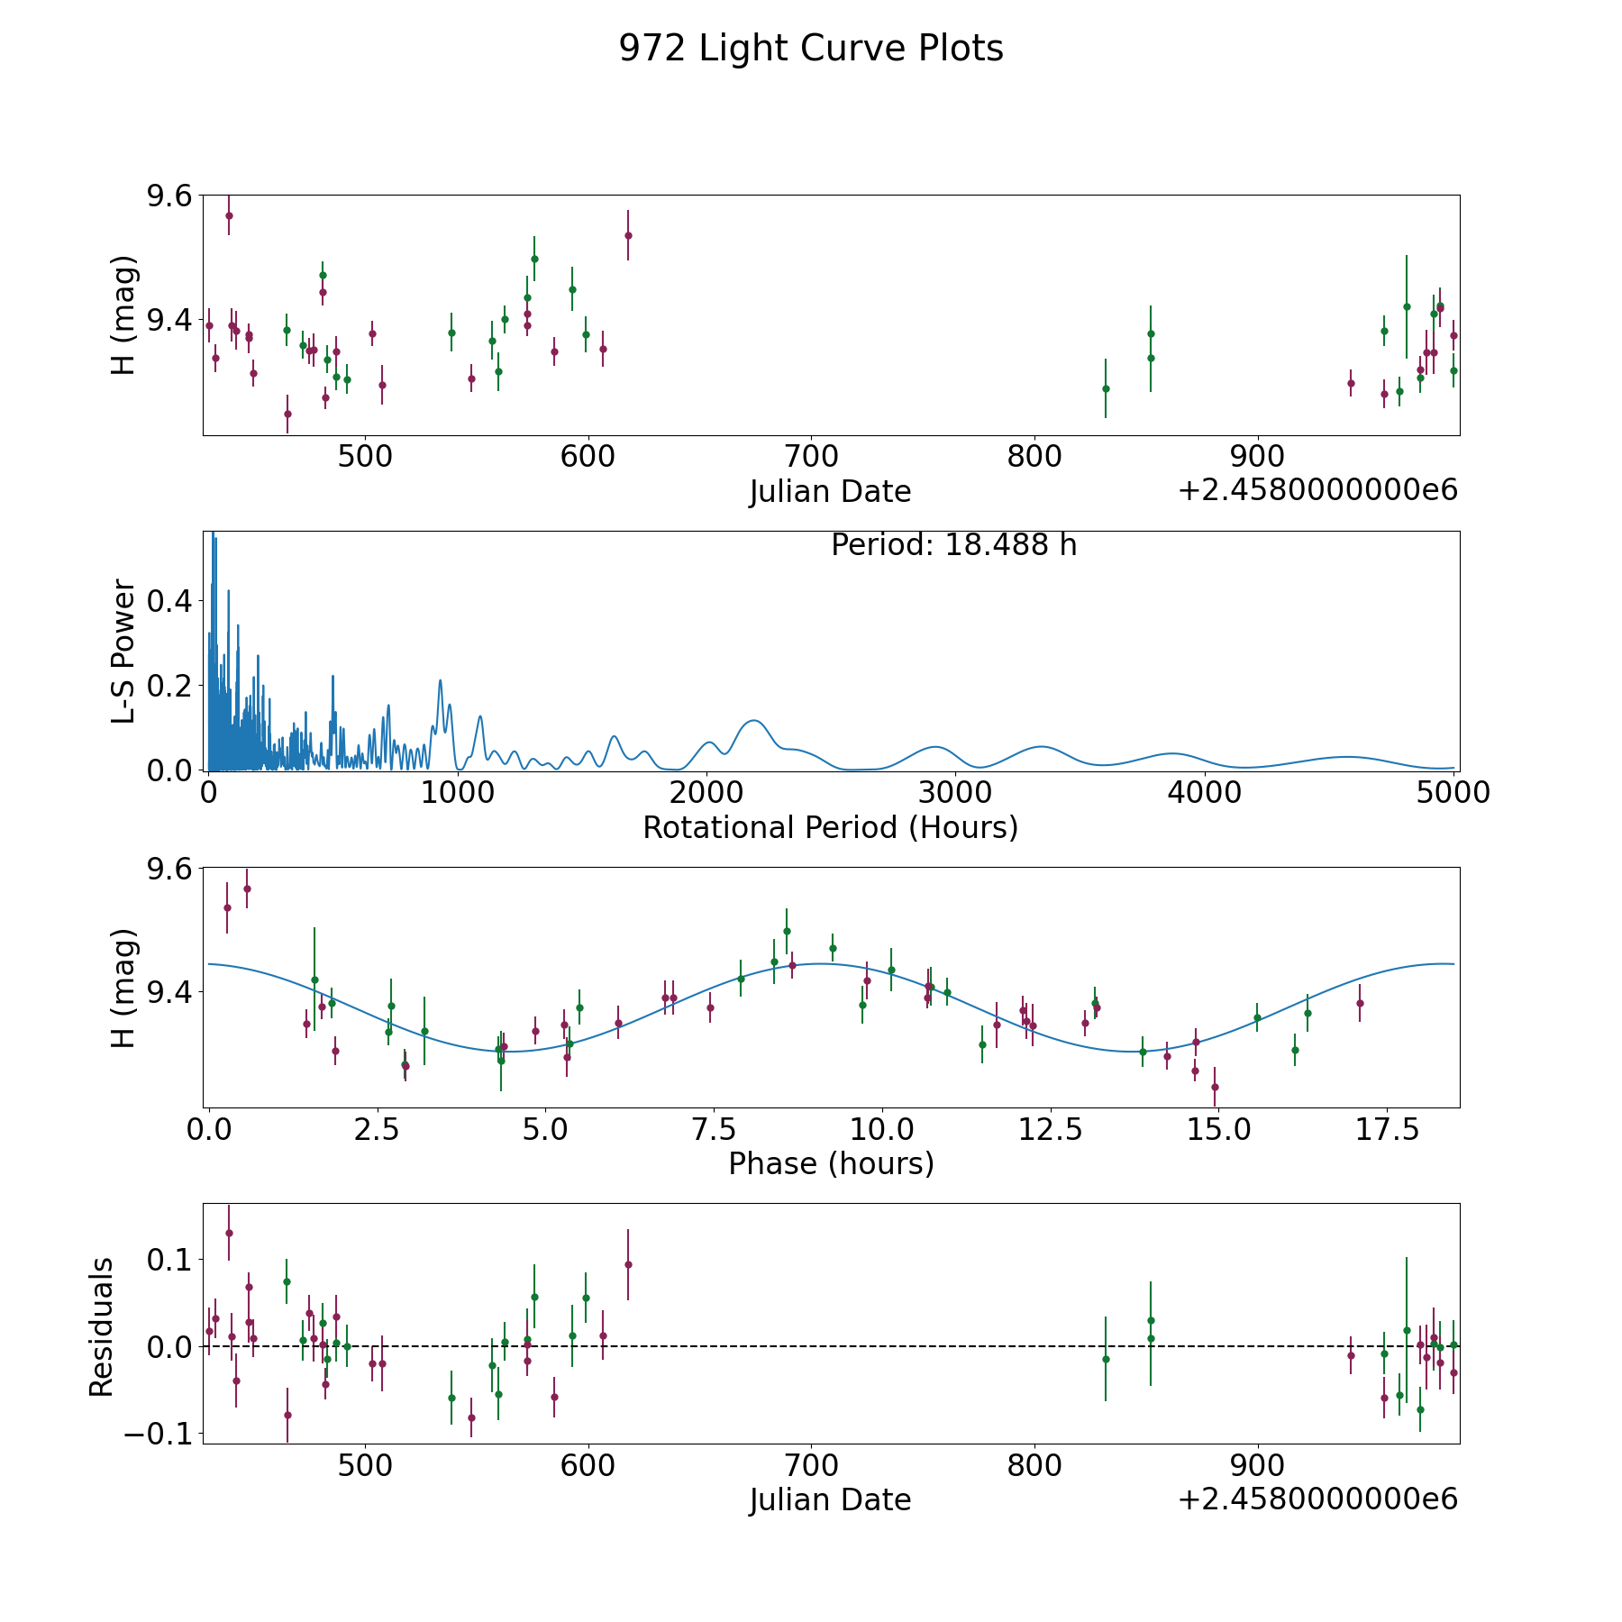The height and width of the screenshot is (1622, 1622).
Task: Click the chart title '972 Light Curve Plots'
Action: click(x=810, y=49)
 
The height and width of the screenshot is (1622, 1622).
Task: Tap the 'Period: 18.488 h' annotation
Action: click(x=953, y=545)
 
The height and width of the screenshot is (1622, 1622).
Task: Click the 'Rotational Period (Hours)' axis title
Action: click(x=830, y=827)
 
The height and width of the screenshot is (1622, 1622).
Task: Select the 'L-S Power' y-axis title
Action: click(x=123, y=652)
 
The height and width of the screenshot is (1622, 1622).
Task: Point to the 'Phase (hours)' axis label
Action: click(x=831, y=1163)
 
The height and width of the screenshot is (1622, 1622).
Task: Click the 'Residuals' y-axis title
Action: click(x=101, y=1326)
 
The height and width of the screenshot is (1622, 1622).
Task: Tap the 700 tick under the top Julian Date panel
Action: click(x=811, y=457)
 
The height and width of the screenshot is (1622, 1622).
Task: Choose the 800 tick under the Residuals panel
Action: click(x=1034, y=1465)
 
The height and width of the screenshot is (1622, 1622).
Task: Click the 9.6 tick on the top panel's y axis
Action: click(x=169, y=196)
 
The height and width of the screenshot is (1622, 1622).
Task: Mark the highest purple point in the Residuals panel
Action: click(x=229, y=1233)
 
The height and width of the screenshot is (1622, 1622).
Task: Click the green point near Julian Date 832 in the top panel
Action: click(x=1106, y=388)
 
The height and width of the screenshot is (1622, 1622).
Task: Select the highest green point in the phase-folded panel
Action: click(x=787, y=931)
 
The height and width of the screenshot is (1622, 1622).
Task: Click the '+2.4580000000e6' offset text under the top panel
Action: click(x=1317, y=490)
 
